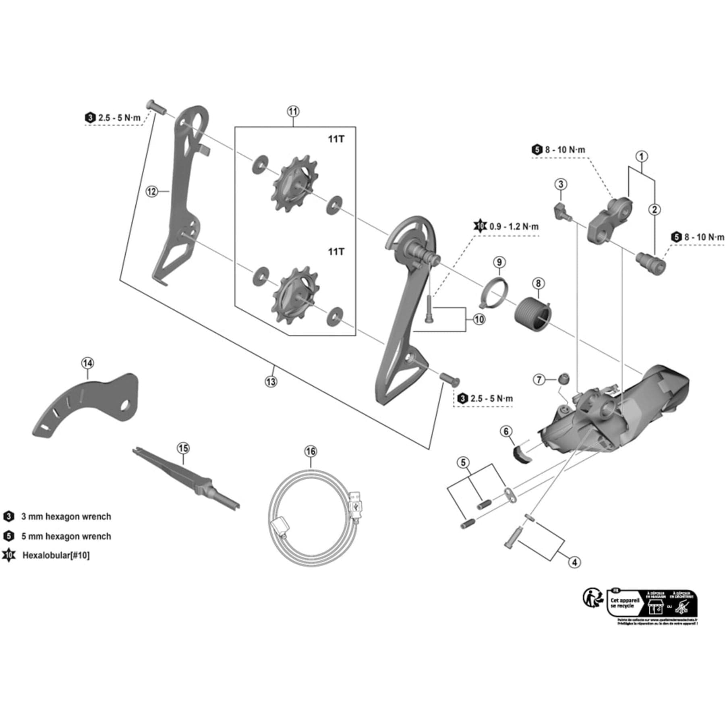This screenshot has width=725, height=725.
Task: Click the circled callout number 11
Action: [293, 111]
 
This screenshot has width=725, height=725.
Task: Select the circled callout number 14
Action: [87, 363]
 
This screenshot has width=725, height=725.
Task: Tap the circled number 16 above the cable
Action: [311, 451]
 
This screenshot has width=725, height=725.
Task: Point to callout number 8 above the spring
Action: [538, 283]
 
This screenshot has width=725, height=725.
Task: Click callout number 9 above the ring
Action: [499, 262]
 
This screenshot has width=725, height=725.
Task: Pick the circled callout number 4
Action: [574, 562]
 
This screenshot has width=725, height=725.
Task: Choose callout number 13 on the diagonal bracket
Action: [271, 381]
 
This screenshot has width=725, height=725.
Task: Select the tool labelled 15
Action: [185, 477]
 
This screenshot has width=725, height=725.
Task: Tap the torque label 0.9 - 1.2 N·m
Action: [514, 227]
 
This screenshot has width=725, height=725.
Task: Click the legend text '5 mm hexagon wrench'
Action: [66, 536]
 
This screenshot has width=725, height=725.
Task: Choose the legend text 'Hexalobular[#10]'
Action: [56, 555]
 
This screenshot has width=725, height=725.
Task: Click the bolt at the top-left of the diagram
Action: [157, 107]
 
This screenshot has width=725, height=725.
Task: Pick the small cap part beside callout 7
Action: [563, 378]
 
